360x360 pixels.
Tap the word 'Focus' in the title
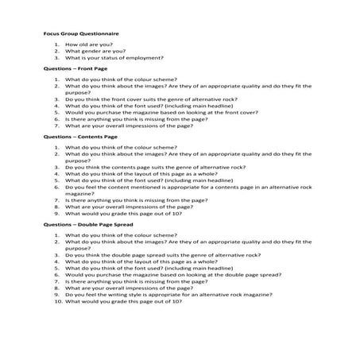click(x=49, y=36)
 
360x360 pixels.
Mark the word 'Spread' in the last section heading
click(x=117, y=225)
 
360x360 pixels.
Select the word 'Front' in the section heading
click(x=83, y=69)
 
